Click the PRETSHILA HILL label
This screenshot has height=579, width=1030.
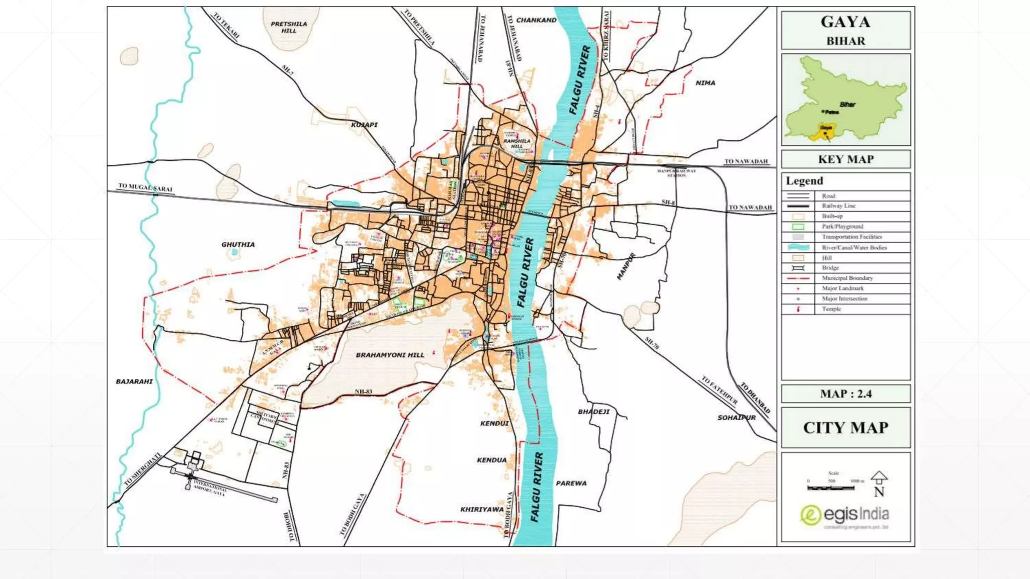tap(289, 27)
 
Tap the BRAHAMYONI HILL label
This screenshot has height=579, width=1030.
tap(390, 355)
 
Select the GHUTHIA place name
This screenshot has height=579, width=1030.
tap(238, 244)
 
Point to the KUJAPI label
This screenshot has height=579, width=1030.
tap(364, 125)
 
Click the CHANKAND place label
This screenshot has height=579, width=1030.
tap(536, 20)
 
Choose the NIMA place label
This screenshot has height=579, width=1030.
tap(705, 83)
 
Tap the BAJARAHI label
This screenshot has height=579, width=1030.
tap(134, 381)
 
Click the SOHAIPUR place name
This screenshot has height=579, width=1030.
tap(736, 417)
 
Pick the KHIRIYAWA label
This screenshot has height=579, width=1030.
tap(482, 509)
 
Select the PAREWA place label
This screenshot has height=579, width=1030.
tap(571, 483)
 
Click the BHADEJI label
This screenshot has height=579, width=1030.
tap(593, 412)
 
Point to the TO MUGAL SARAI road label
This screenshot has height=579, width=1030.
tap(145, 188)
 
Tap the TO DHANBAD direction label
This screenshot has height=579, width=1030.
tap(755, 398)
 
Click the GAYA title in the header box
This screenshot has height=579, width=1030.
tap(845, 22)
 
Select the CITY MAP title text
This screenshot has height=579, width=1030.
tap(845, 428)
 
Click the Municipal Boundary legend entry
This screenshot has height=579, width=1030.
tap(847, 278)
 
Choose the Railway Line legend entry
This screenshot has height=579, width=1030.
tap(838, 206)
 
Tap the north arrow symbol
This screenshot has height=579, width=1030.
tap(879, 477)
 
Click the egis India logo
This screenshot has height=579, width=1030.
tap(844, 515)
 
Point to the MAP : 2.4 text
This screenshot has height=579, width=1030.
tap(845, 394)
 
